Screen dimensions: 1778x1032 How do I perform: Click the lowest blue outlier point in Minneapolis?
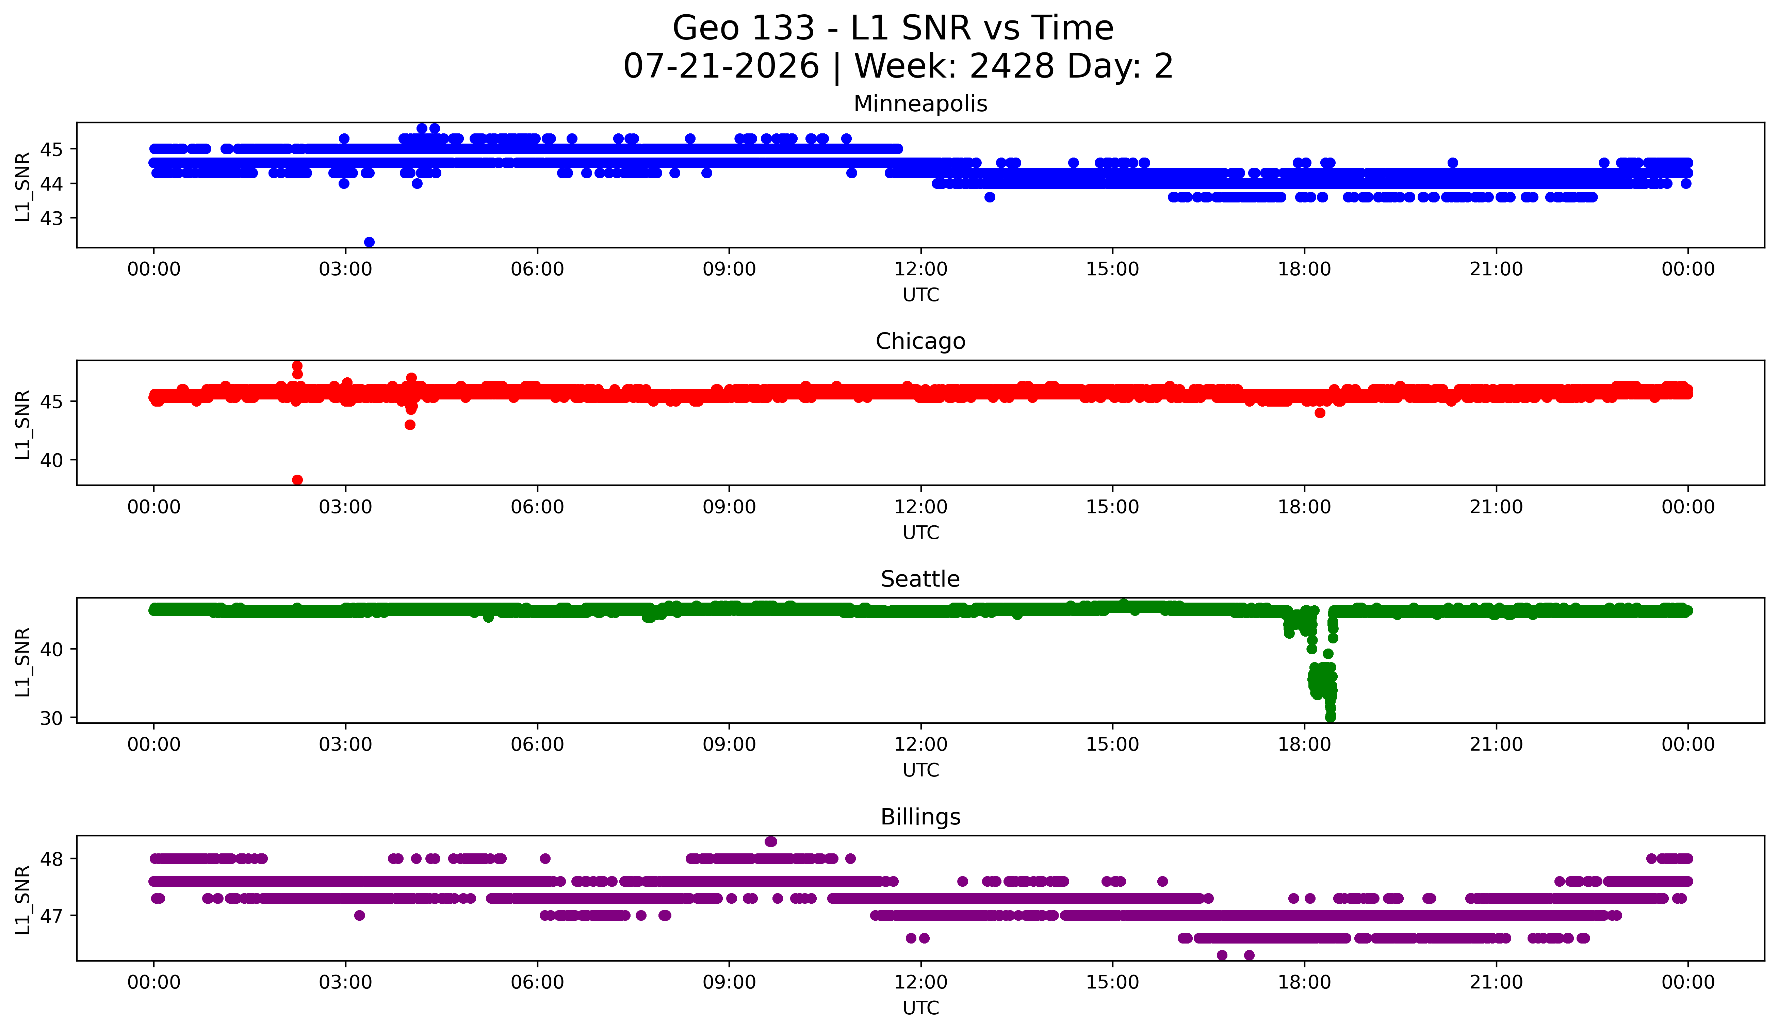[369, 242]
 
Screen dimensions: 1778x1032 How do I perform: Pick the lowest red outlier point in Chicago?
[298, 480]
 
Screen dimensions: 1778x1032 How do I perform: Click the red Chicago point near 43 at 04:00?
[410, 425]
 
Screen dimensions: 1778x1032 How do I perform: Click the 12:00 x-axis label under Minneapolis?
[921, 269]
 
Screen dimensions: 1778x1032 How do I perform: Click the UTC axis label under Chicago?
[921, 533]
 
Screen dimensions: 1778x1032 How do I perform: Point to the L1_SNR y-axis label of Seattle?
[22, 662]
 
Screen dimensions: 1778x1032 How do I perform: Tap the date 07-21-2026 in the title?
[721, 66]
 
